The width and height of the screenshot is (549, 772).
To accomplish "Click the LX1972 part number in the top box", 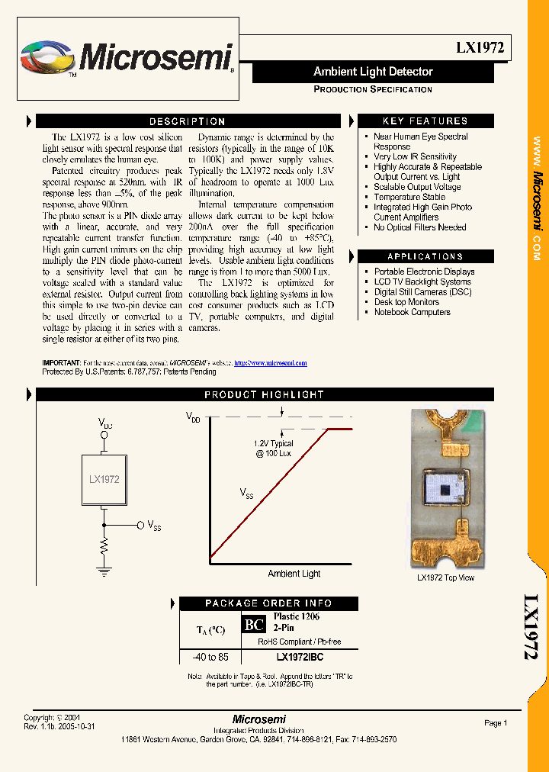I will (480, 47).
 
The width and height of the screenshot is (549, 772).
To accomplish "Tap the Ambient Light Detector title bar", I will (373, 72).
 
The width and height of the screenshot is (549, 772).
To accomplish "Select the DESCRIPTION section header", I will (187, 121).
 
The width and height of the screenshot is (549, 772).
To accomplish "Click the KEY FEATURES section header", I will (425, 121).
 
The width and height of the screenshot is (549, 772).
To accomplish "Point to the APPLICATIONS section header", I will (425, 256).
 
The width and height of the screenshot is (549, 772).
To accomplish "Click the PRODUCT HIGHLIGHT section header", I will (264, 394).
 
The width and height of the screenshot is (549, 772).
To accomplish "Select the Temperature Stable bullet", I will (409, 197).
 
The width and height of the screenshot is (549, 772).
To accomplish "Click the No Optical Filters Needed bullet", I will (419, 227).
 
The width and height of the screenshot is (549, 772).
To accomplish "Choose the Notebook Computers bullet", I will (412, 312).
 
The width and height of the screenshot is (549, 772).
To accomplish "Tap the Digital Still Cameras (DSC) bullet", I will (423, 291).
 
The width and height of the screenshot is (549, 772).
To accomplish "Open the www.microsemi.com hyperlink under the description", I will (270, 363).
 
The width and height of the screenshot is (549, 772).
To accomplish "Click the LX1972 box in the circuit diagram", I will (104, 480).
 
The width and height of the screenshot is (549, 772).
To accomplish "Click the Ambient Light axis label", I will (294, 574).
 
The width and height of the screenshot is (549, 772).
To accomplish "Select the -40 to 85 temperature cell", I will (210, 656).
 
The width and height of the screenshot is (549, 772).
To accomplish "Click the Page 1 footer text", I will (495, 723).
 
